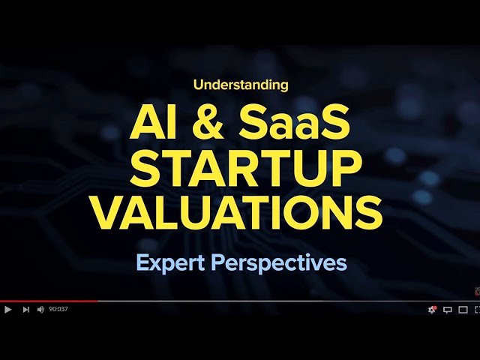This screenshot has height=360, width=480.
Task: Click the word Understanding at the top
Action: [x=240, y=85]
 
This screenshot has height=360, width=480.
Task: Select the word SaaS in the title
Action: [x=301, y=122]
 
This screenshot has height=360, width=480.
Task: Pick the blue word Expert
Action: [x=172, y=263]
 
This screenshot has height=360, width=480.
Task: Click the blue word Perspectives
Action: [x=281, y=264]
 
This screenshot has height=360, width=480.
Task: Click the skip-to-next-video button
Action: [x=25, y=309]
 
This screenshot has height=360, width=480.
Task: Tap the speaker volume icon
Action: [x=40, y=309]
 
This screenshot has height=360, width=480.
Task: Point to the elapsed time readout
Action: [x=58, y=309]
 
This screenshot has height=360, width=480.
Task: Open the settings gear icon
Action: [x=432, y=309]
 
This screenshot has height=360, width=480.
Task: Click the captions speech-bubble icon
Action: [x=448, y=309]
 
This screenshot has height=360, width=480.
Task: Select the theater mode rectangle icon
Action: [x=463, y=309]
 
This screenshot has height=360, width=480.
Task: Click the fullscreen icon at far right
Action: [x=477, y=309]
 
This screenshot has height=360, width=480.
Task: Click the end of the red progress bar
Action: [x=97, y=301]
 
